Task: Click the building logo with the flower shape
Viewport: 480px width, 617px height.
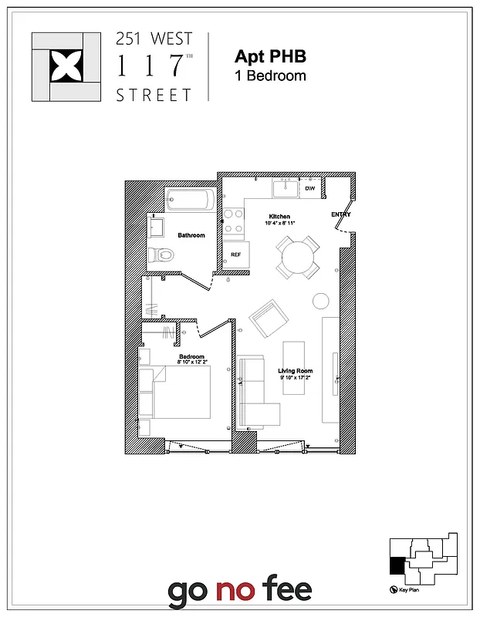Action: [66, 66]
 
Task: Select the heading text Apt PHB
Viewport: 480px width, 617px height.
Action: [270, 56]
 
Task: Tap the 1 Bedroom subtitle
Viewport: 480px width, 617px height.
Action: [270, 76]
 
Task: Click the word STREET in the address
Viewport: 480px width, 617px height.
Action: [154, 96]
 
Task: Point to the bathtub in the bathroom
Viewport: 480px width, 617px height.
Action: [188, 201]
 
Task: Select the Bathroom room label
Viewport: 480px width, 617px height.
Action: [191, 235]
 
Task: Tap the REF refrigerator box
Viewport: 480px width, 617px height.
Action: [235, 254]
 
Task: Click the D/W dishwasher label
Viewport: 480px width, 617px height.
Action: [310, 188]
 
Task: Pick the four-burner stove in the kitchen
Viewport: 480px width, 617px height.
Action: [234, 221]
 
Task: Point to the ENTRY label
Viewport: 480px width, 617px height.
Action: [340, 214]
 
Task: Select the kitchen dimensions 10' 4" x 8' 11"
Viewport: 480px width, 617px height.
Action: [279, 224]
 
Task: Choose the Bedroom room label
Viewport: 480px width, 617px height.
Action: [191, 356]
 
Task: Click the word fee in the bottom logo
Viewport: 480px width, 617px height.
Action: [285, 592]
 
